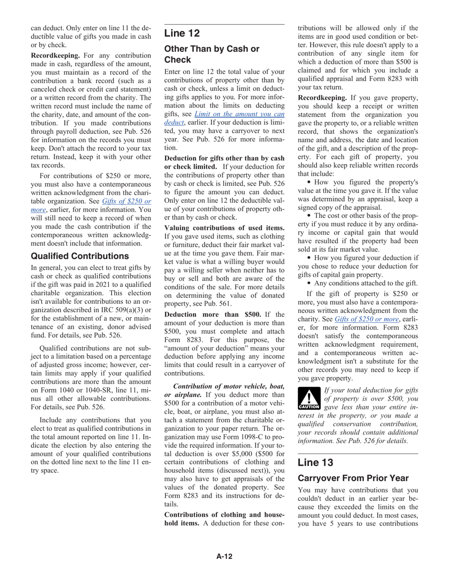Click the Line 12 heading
click(x=182, y=33)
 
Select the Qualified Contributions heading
click(x=80, y=256)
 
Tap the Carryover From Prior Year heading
click(x=353, y=478)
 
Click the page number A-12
click(x=224, y=556)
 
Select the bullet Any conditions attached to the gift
click(x=366, y=283)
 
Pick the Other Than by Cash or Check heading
click(x=211, y=54)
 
